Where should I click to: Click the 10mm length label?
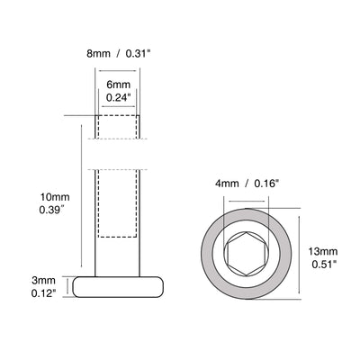point(42,194)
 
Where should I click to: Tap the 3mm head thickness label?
point(41,280)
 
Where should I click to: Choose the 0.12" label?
point(42,293)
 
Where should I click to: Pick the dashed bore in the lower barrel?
point(118,203)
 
